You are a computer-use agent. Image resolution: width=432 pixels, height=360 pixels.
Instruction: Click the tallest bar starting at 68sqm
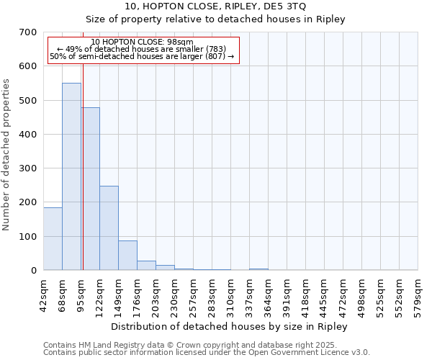(71, 176)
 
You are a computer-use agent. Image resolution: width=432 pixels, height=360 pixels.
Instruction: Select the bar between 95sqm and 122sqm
(91, 189)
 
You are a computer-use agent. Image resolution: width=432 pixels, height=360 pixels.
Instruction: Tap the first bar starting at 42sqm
(53, 238)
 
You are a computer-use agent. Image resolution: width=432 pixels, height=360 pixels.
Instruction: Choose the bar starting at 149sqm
(127, 255)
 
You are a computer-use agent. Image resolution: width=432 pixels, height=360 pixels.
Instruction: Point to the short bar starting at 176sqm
(146, 265)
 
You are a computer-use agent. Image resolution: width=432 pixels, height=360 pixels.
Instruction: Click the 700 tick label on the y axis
(27, 32)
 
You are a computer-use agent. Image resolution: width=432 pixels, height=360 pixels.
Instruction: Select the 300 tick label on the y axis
(27, 168)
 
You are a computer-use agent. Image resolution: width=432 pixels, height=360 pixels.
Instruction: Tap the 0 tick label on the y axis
(33, 271)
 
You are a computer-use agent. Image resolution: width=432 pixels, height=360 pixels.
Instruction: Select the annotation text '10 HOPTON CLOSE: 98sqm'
(143, 42)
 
